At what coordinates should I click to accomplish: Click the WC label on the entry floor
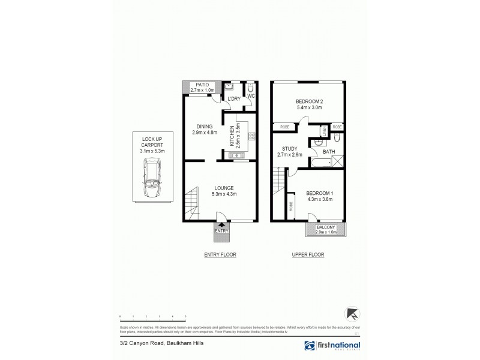(x=251, y=95)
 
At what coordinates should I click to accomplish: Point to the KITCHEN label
(x=232, y=136)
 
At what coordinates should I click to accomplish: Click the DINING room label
(x=202, y=126)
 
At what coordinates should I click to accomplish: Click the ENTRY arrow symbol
(x=221, y=224)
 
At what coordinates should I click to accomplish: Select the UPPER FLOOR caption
(x=308, y=254)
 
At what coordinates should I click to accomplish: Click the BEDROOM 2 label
(x=309, y=101)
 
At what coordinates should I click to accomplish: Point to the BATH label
(x=329, y=152)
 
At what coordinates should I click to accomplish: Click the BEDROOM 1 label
(x=320, y=193)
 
